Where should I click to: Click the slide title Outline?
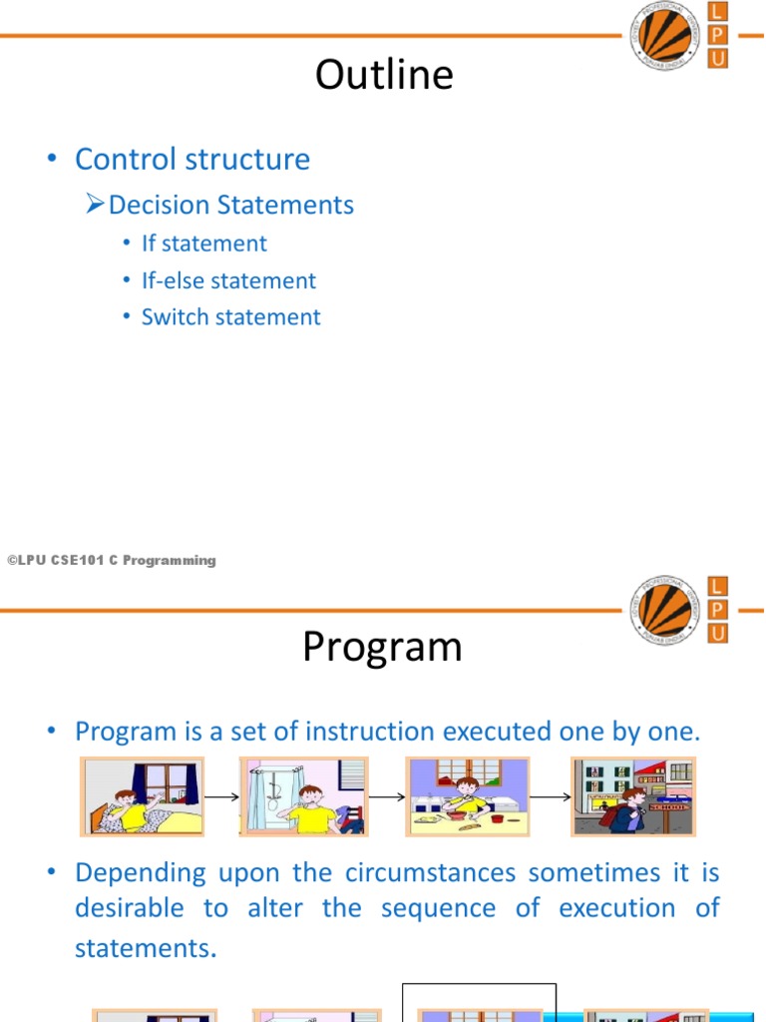[x=384, y=75]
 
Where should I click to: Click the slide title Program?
[x=382, y=648]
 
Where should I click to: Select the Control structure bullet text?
[x=192, y=160]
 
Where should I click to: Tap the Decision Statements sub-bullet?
[x=230, y=205]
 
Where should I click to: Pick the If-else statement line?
[x=228, y=280]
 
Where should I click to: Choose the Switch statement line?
[x=230, y=317]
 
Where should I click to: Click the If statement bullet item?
[x=203, y=244]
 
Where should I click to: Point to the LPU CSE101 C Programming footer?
[x=112, y=561]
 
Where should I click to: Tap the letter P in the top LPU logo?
[x=717, y=35]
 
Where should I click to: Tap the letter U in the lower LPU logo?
[x=717, y=633]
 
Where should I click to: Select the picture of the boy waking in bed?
[x=143, y=795]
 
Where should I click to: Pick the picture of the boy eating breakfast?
[x=467, y=795]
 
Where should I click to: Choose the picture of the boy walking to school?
[x=632, y=795]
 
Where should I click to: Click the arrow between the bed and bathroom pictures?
[x=221, y=796]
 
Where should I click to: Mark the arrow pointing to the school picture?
[x=551, y=796]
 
